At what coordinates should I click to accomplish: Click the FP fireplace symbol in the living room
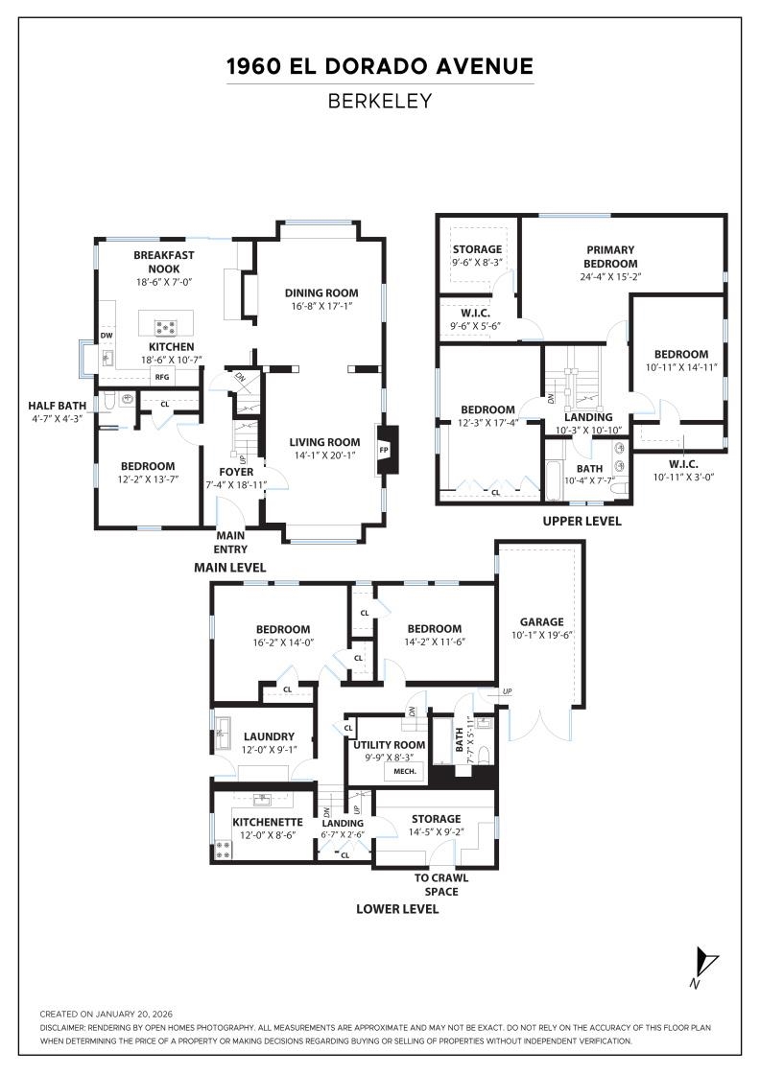pyautogui.click(x=384, y=450)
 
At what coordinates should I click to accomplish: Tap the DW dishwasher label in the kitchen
pyautogui.click(x=107, y=336)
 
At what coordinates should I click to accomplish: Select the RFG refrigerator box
pyautogui.click(x=162, y=377)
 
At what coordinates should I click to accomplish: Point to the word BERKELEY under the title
pyautogui.click(x=380, y=101)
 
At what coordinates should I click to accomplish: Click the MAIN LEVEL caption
pyautogui.click(x=230, y=568)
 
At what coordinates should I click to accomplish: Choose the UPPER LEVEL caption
pyautogui.click(x=582, y=521)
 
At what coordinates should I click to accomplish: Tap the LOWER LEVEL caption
pyautogui.click(x=397, y=908)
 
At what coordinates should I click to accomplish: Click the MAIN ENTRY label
pyautogui.click(x=231, y=543)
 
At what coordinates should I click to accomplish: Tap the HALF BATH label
pyautogui.click(x=58, y=406)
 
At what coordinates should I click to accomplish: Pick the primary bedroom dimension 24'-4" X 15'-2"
pyautogui.click(x=611, y=277)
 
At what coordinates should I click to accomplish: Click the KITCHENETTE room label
pyautogui.click(x=268, y=822)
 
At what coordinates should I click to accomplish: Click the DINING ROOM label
pyautogui.click(x=321, y=292)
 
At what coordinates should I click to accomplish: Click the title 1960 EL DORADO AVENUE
pyautogui.click(x=380, y=67)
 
